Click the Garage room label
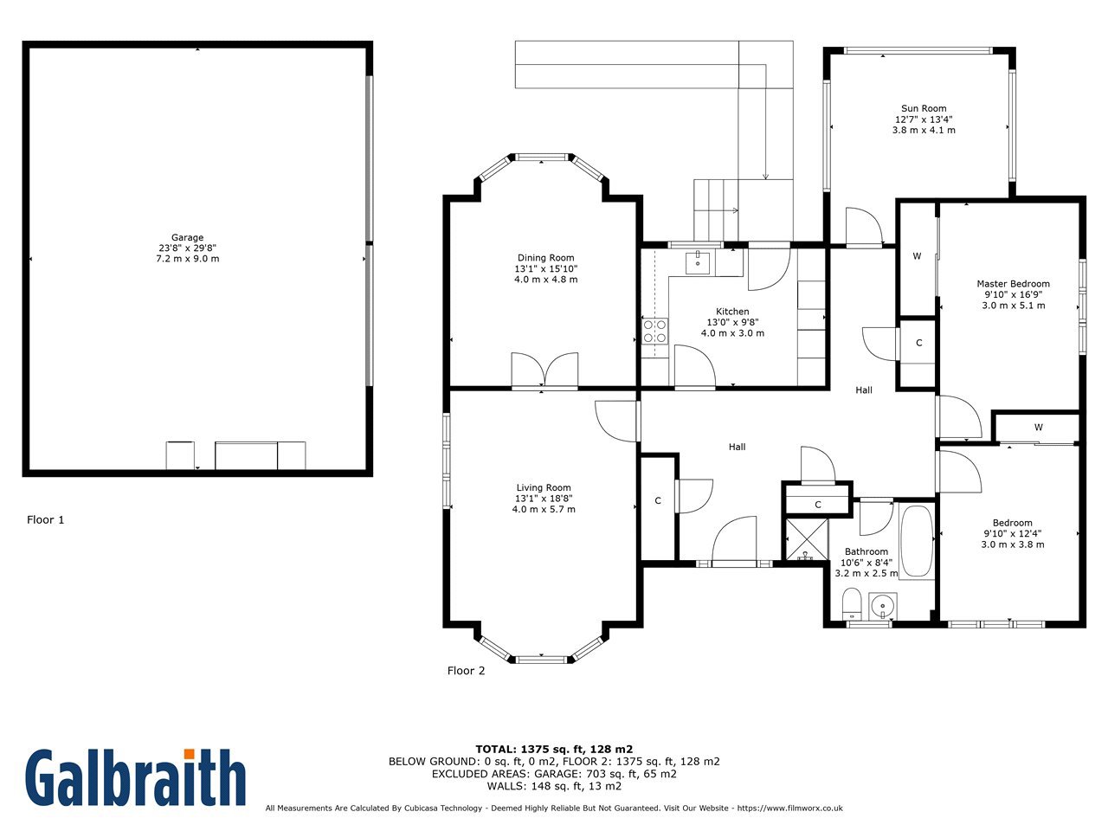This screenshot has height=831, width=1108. pyautogui.click(x=187, y=237)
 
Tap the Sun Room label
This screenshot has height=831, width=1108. pyautogui.click(x=924, y=108)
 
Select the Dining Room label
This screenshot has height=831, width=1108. pyautogui.click(x=545, y=258)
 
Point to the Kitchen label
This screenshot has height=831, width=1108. pyautogui.click(x=732, y=312)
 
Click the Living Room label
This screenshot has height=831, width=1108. pyautogui.click(x=543, y=487)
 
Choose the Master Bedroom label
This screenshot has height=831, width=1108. pyautogui.click(x=1013, y=284)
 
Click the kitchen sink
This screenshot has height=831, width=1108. pyautogui.click(x=697, y=263)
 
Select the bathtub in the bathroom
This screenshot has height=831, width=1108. pyautogui.click(x=917, y=540)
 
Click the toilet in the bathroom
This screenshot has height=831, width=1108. pyautogui.click(x=852, y=603)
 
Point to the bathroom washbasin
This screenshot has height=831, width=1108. pyautogui.click(x=882, y=605)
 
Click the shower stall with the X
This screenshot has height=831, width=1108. pyautogui.click(x=807, y=539)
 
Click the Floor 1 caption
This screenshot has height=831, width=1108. pyautogui.click(x=45, y=519)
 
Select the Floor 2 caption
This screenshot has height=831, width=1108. pyautogui.click(x=466, y=671)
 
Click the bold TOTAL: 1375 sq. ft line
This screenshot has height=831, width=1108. pyautogui.click(x=554, y=750)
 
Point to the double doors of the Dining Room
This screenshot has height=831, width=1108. pyautogui.click(x=544, y=370)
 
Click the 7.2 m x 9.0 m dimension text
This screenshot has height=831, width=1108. pyautogui.click(x=187, y=258)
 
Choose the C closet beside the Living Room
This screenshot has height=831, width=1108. pyautogui.click(x=658, y=501)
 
